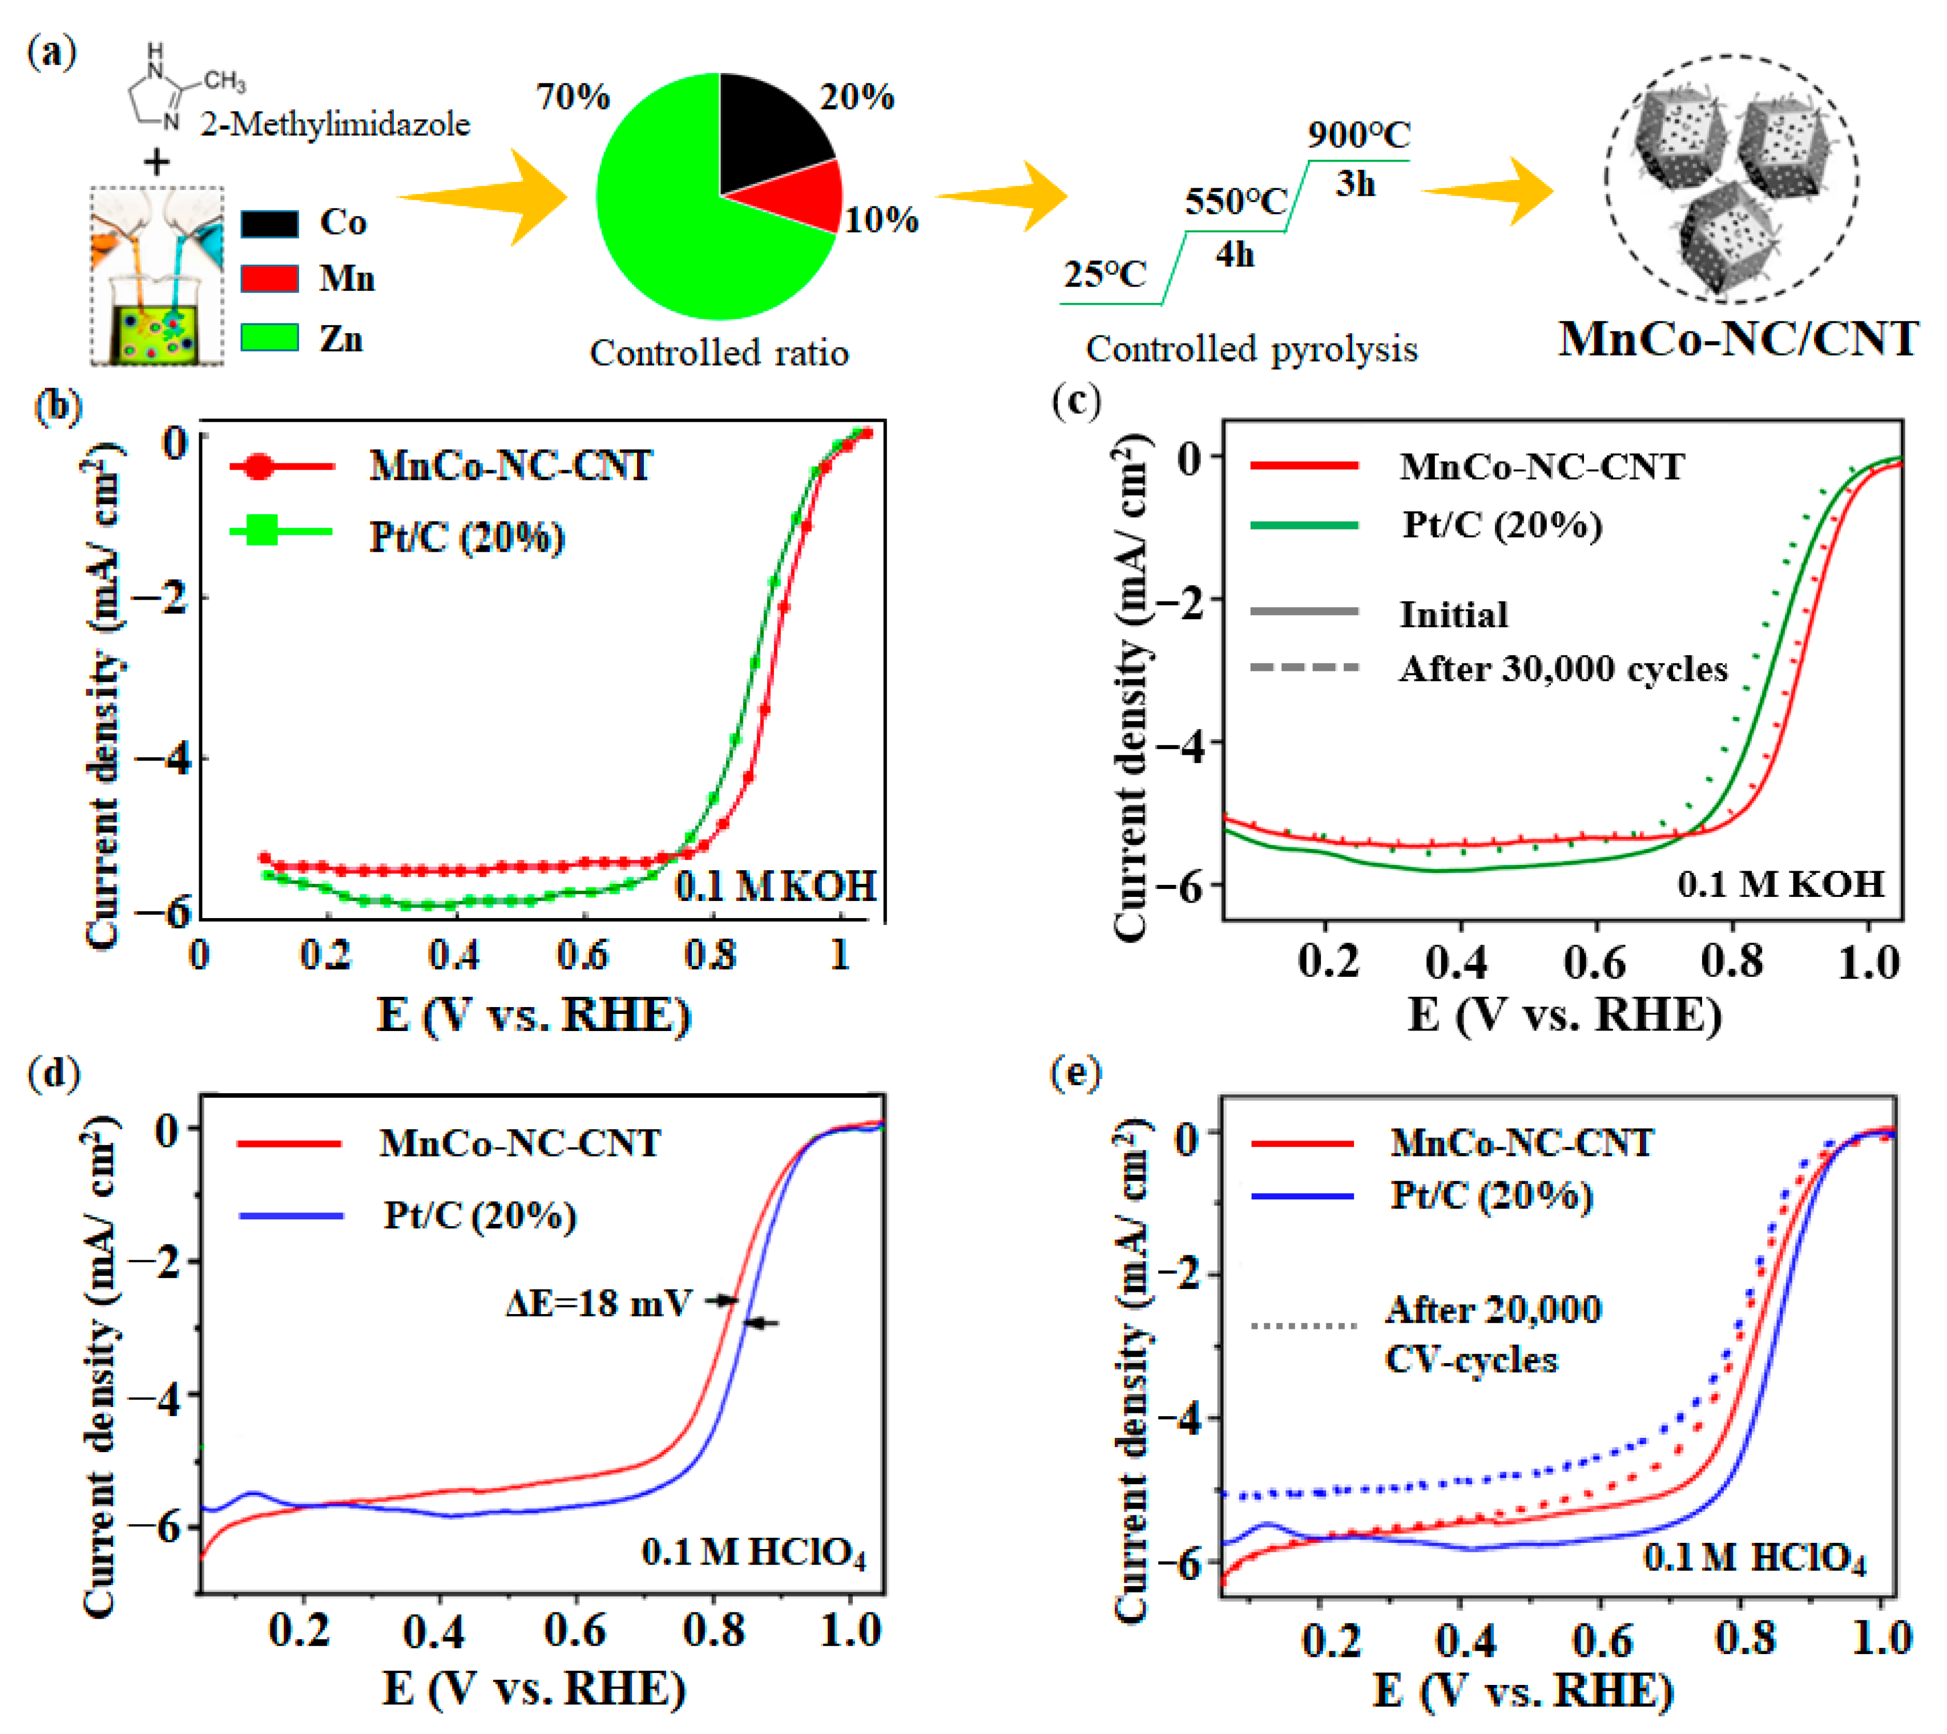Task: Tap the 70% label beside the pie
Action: pyautogui.click(x=573, y=97)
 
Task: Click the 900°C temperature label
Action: pyautogui.click(x=1357, y=135)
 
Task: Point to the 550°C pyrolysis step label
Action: pyautogui.click(x=1235, y=202)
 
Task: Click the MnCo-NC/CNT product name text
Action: pyautogui.click(x=1738, y=339)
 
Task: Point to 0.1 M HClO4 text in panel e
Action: pyautogui.click(x=1753, y=1559)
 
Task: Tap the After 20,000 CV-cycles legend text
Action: pyautogui.click(x=1493, y=1334)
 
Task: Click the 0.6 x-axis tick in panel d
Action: pyautogui.click(x=575, y=1631)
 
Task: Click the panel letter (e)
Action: pyautogui.click(x=1075, y=1074)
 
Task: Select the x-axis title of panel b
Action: pyautogui.click(x=534, y=1014)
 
